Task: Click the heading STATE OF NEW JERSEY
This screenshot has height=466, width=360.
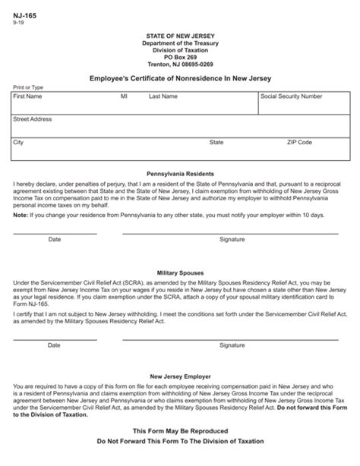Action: tap(179, 36)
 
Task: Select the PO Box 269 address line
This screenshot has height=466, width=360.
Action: tap(179, 57)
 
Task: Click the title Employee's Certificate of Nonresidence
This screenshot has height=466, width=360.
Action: tap(179, 79)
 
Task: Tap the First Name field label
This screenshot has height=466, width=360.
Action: tap(28, 97)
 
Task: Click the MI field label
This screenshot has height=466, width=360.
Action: tap(124, 97)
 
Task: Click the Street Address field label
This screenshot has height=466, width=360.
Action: tap(33, 119)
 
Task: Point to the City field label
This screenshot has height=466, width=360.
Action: tap(19, 142)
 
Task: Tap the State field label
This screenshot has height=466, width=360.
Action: tap(216, 142)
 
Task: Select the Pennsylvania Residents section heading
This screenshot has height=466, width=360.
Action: tap(179, 174)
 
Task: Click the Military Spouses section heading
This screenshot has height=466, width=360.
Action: tap(179, 271)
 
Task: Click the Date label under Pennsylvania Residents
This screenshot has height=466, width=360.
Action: tap(55, 239)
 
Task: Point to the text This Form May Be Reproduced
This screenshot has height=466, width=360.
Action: tap(179, 430)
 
